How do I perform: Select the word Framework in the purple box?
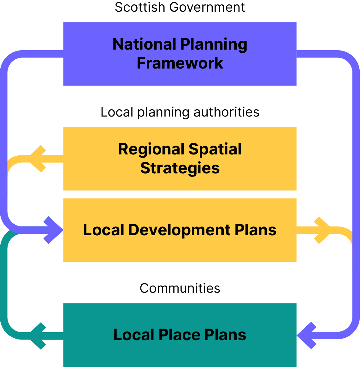click(x=180, y=63)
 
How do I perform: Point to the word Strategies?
click(x=180, y=168)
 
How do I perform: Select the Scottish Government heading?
click(x=180, y=7)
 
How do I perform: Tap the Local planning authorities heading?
click(x=180, y=112)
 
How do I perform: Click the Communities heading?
click(x=180, y=288)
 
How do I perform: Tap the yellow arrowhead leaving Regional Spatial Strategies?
click(x=37, y=159)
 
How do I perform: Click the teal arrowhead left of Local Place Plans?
click(x=37, y=336)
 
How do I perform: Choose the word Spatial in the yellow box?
click(x=215, y=149)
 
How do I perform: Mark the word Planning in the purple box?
click(x=214, y=45)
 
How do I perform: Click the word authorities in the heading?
click(x=227, y=112)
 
